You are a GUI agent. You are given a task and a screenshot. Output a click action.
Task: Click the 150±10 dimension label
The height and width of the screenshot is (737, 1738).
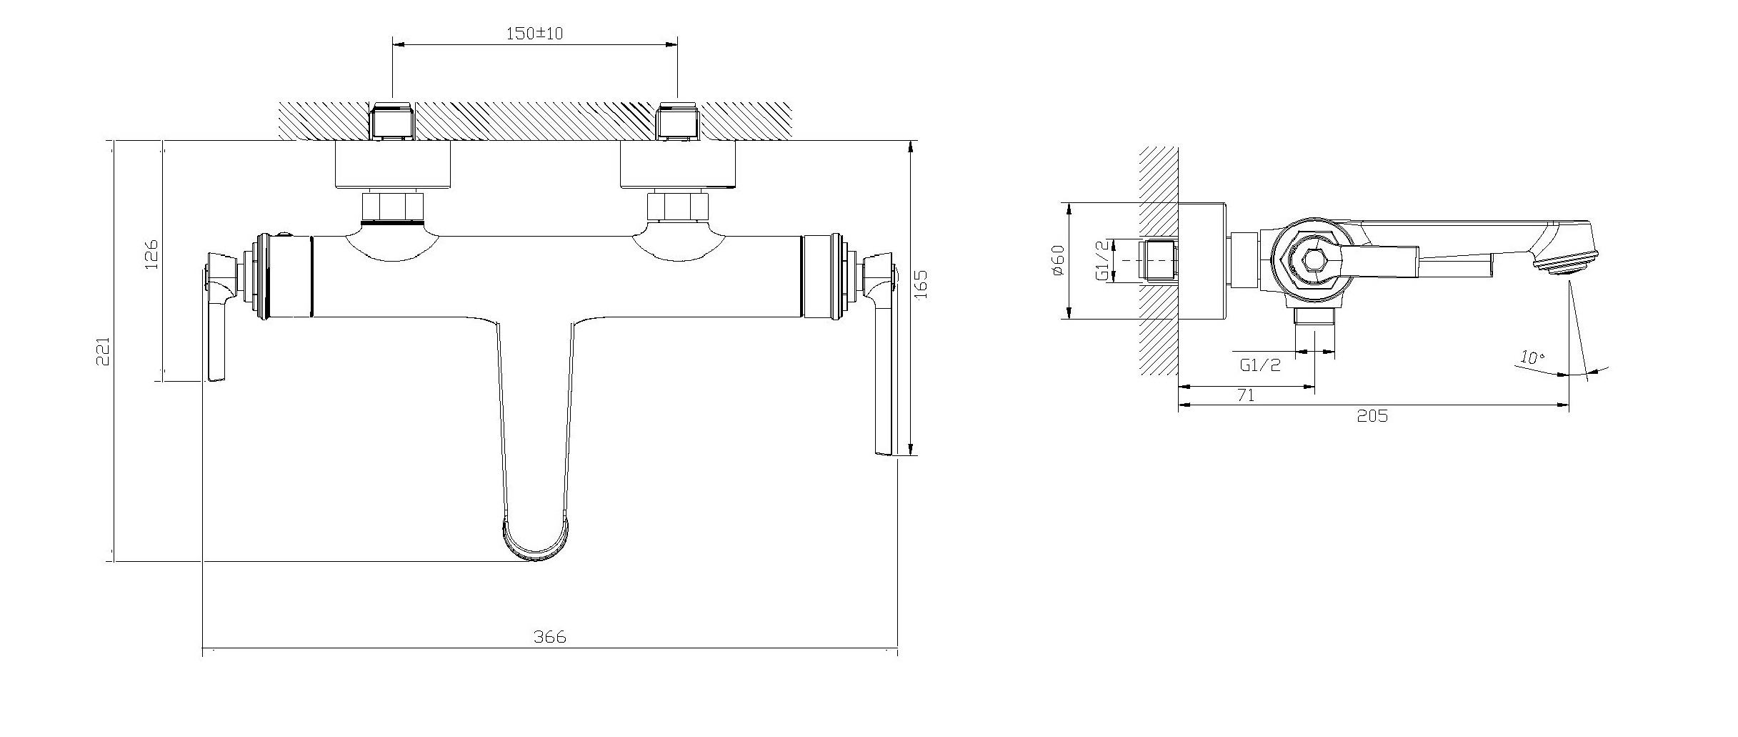pos(535,34)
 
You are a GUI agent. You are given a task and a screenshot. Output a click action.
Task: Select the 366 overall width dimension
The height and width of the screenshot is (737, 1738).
pos(550,637)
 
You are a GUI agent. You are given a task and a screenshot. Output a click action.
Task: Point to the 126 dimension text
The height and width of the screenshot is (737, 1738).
pos(152,254)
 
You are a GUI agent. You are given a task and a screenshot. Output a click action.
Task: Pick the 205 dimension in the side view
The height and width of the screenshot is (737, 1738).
pos(1372,416)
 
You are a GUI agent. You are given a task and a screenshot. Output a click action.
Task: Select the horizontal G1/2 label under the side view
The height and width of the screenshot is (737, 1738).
pos(1261,365)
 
